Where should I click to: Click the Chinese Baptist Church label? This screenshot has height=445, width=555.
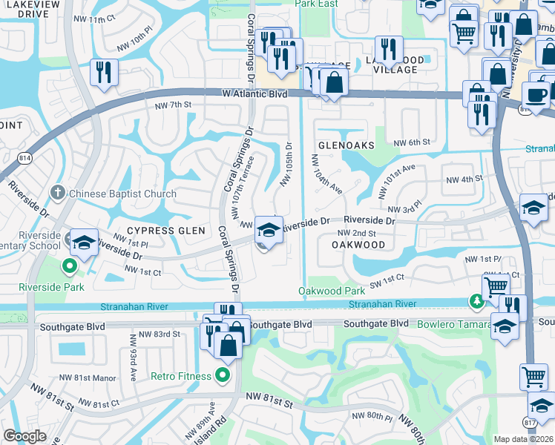[x=122, y=194]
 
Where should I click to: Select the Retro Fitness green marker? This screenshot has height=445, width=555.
[x=221, y=376]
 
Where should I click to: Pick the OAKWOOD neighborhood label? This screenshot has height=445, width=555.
[x=358, y=244]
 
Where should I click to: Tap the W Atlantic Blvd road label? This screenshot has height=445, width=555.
[x=254, y=94]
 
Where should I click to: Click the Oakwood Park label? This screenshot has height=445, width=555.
[x=332, y=291]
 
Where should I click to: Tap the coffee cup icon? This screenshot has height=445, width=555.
[x=536, y=95]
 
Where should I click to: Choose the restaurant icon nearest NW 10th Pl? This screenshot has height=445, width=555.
[x=103, y=73]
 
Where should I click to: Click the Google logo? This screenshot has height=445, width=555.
[x=24, y=436]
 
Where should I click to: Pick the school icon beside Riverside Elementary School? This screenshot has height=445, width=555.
[x=85, y=243]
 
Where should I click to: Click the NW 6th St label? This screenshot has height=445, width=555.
[x=412, y=142]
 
